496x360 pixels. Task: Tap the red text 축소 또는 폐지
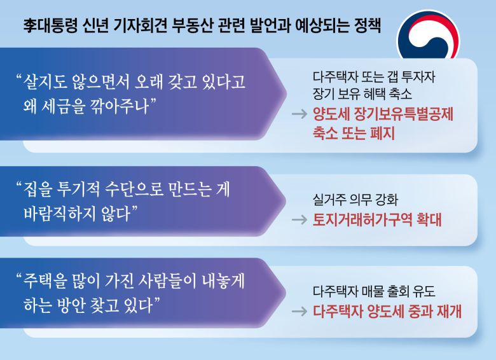354,134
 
